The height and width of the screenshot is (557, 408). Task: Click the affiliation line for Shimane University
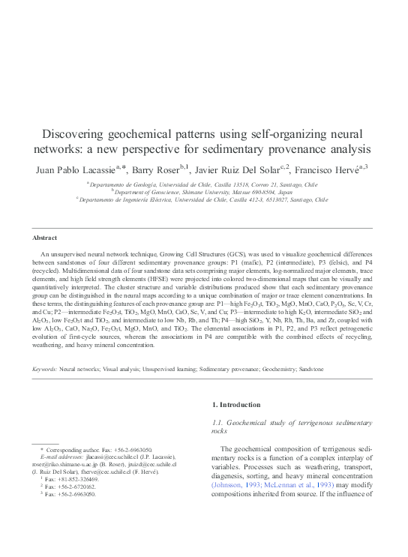point(203,192)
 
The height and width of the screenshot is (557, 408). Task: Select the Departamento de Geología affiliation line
point(203,183)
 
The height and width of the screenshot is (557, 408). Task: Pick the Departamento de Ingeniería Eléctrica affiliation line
point(203,200)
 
